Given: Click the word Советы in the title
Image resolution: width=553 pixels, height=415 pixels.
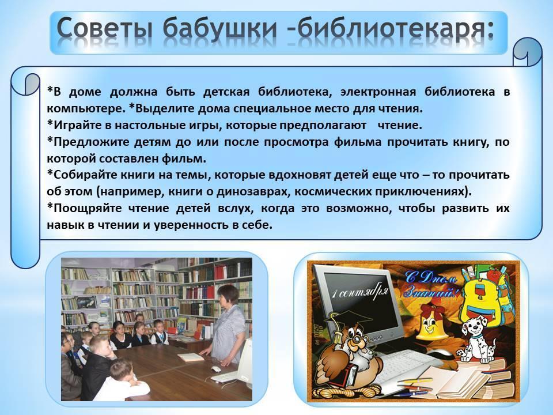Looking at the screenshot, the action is click(x=104, y=28).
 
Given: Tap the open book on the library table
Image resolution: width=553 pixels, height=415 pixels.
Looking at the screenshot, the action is click(x=191, y=357).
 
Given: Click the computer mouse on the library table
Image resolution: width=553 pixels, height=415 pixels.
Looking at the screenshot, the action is click(x=215, y=369).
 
